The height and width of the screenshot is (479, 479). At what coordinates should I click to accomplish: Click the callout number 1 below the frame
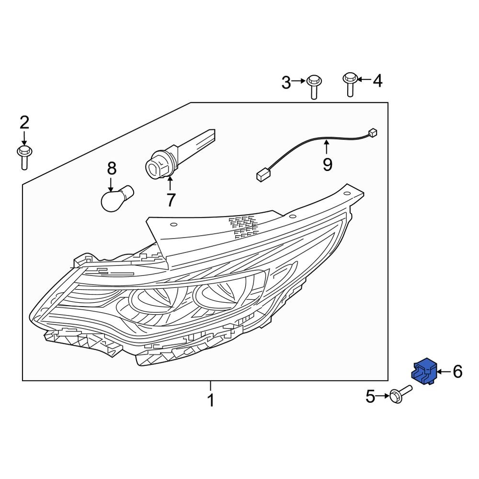pos(211,400)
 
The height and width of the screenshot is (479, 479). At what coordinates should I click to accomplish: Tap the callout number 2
pos(24,123)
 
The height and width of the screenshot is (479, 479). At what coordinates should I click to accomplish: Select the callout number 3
pos(286,83)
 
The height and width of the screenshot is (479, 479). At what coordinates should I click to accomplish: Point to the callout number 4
pos(377,81)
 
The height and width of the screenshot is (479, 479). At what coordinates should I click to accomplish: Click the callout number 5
pos(370,397)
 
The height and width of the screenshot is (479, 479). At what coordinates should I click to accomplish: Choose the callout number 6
pos(457,371)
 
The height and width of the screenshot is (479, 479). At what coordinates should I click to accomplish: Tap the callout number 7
pos(171,200)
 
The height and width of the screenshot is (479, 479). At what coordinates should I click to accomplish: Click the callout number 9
pos(327,164)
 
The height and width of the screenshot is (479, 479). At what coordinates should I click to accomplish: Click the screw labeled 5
pos(400,394)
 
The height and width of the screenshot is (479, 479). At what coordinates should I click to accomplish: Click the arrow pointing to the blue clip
pos(443,372)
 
